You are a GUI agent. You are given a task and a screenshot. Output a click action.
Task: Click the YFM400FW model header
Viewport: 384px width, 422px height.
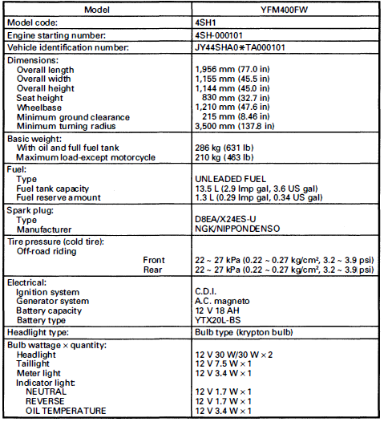282,10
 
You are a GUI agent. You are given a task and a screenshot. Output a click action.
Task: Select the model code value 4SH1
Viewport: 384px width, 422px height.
208,23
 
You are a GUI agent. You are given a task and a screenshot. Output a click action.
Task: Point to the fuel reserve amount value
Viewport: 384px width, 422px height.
258,197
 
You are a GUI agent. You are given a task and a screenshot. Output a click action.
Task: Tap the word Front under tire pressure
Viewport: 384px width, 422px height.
154,260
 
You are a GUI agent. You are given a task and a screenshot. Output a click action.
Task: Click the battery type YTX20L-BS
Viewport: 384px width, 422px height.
221,319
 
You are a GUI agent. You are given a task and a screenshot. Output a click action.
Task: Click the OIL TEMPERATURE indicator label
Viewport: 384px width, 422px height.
66,411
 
